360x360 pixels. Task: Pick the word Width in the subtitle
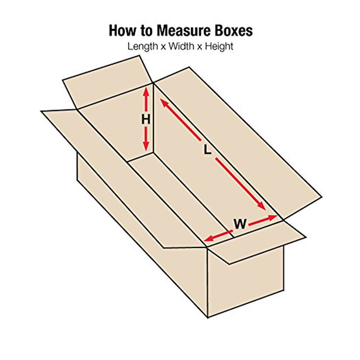(x=183, y=47)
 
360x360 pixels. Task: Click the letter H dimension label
(x=145, y=120)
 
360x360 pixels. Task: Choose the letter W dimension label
(x=240, y=224)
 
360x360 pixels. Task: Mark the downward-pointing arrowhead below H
(x=146, y=147)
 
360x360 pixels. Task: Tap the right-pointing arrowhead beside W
(x=273, y=217)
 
